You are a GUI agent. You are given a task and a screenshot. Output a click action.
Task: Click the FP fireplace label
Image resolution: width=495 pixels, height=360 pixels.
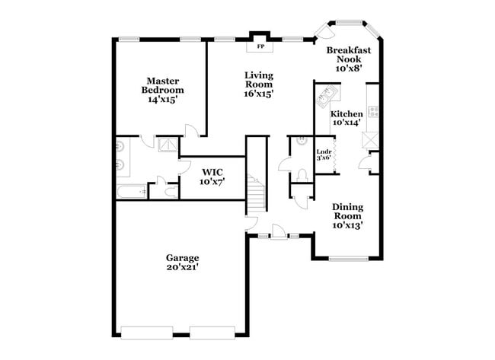point(260,46)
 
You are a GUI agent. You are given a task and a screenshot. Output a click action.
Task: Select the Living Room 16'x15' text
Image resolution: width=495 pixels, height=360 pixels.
point(259,84)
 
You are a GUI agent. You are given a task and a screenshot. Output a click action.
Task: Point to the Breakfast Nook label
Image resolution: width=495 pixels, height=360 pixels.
point(349,59)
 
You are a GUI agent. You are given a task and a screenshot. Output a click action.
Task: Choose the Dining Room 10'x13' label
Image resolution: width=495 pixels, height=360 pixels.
point(347,215)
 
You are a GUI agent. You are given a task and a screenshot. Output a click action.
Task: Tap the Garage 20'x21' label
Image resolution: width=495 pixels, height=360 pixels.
point(184,263)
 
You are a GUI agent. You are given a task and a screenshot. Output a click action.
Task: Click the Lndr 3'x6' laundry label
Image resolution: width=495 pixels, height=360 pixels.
point(324,155)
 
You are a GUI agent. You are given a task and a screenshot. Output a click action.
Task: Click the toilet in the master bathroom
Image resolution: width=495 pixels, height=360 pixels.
point(161,182)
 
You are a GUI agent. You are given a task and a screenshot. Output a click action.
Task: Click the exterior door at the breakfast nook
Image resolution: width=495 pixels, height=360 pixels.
point(324,32)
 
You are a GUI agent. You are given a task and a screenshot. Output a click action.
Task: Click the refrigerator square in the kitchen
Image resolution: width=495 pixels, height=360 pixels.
point(372,140)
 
